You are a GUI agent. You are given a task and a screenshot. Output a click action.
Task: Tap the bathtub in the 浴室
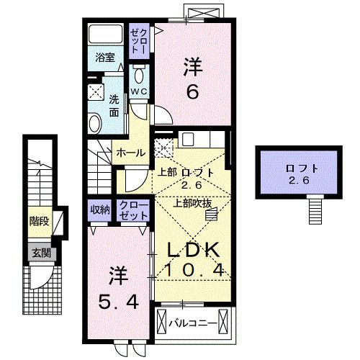[105, 36]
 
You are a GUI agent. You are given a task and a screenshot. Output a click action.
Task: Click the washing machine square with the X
[96, 92]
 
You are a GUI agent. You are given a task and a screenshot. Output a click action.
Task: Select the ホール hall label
[132, 152]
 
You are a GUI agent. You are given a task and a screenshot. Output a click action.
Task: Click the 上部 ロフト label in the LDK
[186, 173]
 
